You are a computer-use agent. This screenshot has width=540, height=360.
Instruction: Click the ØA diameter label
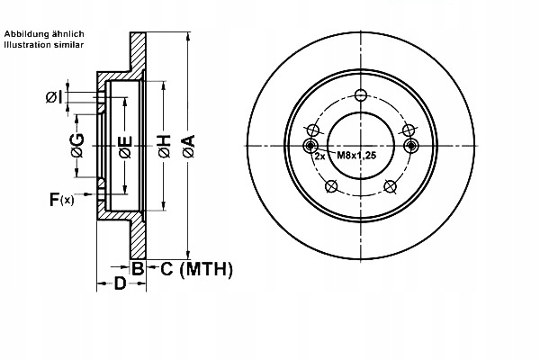pos(189,147)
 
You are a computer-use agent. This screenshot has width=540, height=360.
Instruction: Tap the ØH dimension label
pos(165,147)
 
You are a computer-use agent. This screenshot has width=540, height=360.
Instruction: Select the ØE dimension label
pos(125,147)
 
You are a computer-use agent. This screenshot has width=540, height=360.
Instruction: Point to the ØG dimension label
pos(77,145)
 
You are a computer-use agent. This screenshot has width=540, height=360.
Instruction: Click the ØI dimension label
pos(54,97)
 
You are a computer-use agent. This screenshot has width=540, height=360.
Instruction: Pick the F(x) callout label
pos(61,199)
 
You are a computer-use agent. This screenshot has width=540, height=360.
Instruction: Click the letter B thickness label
pos(138,268)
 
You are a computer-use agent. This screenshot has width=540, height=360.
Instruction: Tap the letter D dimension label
pos(121,283)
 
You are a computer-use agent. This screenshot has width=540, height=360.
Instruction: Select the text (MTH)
pos(206,269)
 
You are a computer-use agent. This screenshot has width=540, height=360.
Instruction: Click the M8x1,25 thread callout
pos(356,156)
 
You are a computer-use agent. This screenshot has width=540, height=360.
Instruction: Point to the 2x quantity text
pos(319,157)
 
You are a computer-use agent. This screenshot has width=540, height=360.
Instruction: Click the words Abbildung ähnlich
pos(44,34)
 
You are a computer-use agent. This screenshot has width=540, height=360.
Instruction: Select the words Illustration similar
pos(44,45)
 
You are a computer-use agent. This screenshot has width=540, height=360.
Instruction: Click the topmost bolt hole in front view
pos(361,95)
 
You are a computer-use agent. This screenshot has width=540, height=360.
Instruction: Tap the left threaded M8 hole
pos(310,146)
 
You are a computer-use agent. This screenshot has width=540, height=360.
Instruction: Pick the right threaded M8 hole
pos(411,146)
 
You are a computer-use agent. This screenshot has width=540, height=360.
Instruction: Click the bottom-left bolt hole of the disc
pos(331,186)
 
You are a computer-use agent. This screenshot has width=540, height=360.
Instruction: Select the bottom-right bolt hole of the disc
pos(390,186)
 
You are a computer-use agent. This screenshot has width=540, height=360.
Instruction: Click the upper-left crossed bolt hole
pos(313,130)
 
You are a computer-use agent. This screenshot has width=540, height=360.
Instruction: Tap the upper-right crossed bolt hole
pos(409,130)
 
